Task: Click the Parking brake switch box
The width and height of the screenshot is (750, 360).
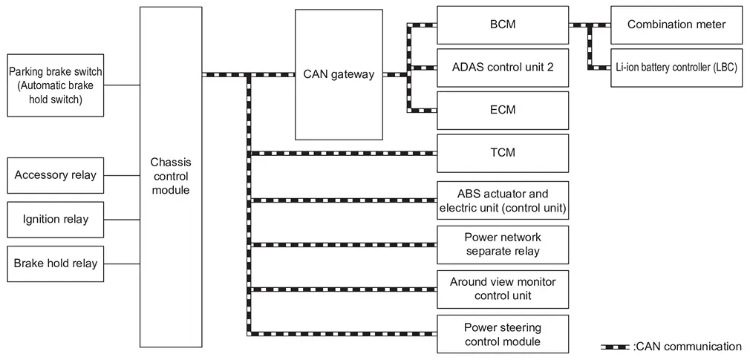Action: (x=56, y=85)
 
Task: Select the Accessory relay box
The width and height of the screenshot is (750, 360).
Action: (x=56, y=176)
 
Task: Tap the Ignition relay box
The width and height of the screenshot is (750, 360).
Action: (x=56, y=219)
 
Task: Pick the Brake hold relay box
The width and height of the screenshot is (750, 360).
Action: (x=56, y=263)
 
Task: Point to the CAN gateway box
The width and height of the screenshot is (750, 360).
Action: (x=339, y=75)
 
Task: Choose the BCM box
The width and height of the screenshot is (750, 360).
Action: (x=503, y=24)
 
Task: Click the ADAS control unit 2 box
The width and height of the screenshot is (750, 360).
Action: (x=503, y=67)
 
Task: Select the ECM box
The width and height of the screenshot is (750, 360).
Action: (x=503, y=110)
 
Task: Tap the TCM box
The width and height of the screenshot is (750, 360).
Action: (x=503, y=153)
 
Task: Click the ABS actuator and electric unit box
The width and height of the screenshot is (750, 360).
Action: (x=503, y=200)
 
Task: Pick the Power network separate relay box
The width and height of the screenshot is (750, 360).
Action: (x=503, y=244)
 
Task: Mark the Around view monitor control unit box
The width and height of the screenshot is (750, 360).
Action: (x=503, y=289)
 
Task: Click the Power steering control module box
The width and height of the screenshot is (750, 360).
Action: (x=503, y=334)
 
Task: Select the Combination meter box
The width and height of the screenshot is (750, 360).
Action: (x=676, y=24)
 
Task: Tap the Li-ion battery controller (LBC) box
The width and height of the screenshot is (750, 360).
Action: (x=676, y=67)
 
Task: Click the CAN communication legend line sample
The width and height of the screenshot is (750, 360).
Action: (x=616, y=347)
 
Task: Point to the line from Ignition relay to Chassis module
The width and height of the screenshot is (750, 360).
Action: (x=122, y=220)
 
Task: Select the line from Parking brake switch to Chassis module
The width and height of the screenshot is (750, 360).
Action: (x=122, y=85)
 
